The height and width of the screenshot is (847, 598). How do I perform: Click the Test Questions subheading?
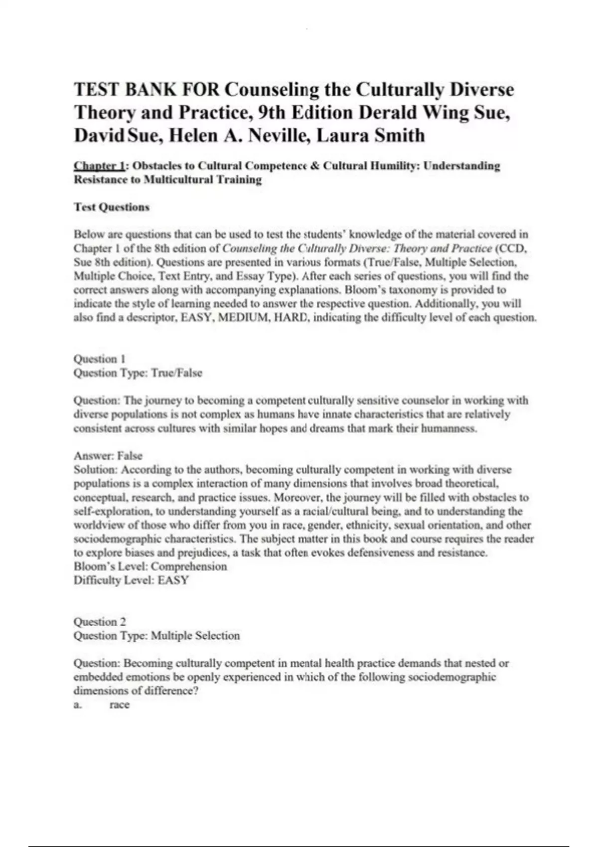pos(112,207)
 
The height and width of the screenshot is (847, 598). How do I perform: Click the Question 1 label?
pos(99,359)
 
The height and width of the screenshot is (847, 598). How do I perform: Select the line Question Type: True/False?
pos(138,373)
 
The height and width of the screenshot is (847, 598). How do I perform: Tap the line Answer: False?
pos(108,456)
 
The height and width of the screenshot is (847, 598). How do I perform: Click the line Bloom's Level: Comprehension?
pos(150,566)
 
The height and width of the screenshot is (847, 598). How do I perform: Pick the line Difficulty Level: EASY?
pos(131,580)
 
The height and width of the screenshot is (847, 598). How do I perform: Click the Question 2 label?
pos(100,622)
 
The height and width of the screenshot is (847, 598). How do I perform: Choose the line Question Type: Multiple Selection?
pos(156,636)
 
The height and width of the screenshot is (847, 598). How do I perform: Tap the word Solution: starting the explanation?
pos(95,470)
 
